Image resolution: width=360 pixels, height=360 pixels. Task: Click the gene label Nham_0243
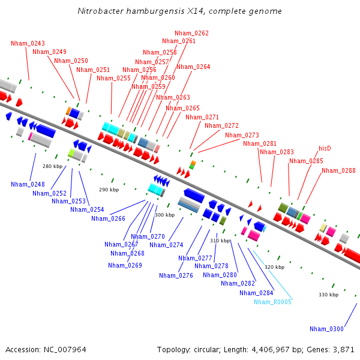(x=28, y=43)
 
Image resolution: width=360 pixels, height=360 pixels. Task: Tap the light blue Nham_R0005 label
(x=272, y=302)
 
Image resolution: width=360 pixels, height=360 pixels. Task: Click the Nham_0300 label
(x=326, y=329)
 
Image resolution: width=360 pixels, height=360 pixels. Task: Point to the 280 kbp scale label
(x=52, y=166)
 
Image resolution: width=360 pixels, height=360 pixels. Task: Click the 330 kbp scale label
(x=328, y=295)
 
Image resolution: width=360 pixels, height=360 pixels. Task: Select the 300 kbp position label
(x=164, y=215)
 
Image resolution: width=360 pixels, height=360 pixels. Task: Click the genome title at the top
(x=180, y=11)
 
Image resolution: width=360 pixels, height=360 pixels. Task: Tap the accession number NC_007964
(x=66, y=349)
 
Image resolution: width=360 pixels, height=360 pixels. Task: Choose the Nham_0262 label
(x=191, y=33)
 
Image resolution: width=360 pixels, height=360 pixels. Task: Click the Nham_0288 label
(x=338, y=170)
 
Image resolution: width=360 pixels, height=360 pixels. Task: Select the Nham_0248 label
(x=28, y=184)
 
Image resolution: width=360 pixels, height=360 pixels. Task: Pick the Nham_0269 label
(x=125, y=265)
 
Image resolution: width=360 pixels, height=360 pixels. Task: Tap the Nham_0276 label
(x=176, y=275)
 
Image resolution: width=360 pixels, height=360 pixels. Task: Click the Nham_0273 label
(x=242, y=135)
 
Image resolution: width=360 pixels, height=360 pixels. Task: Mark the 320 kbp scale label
(x=274, y=266)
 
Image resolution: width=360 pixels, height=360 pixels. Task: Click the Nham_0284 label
(x=256, y=293)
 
